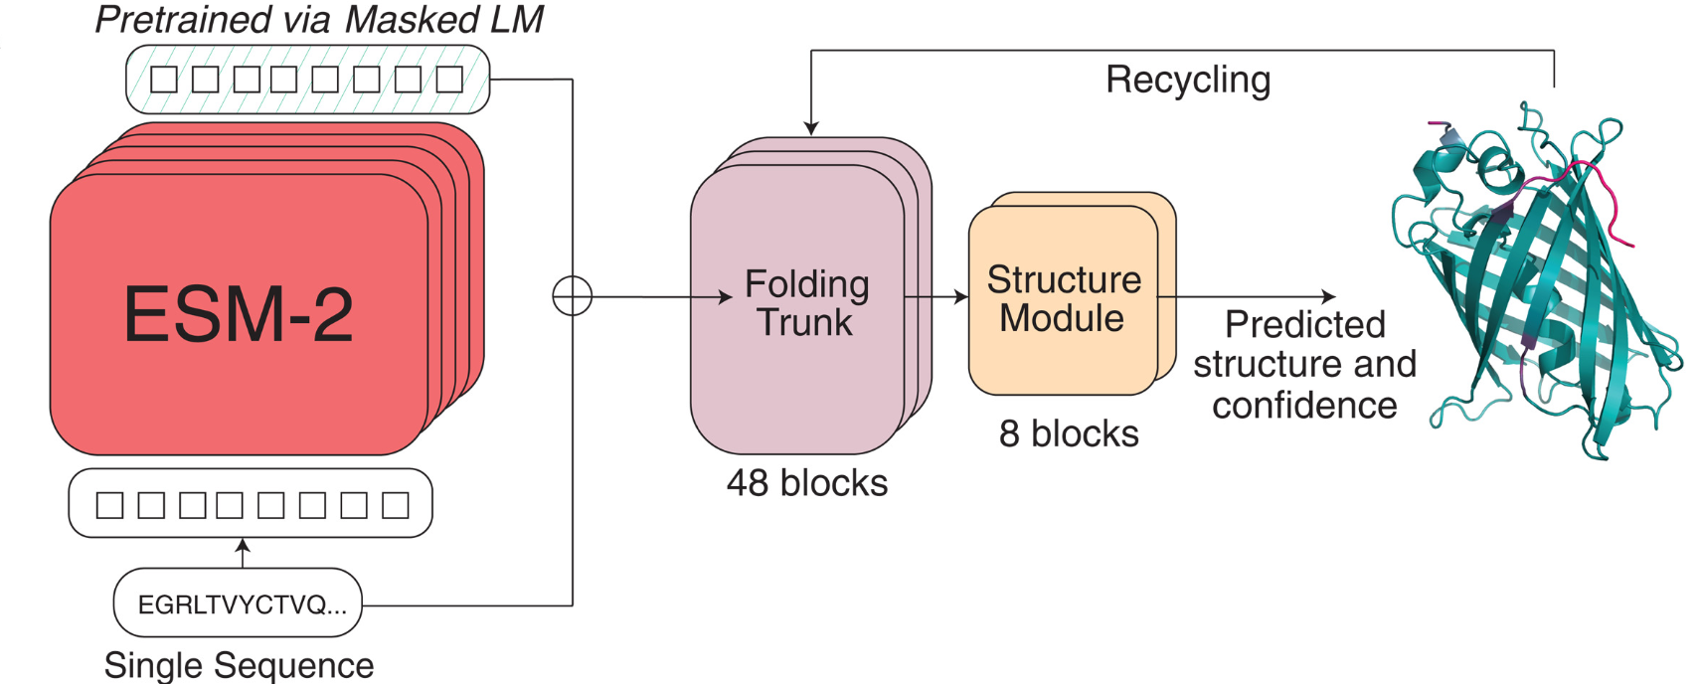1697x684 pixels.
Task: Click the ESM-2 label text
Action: tap(238, 315)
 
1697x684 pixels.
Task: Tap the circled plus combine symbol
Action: tap(572, 296)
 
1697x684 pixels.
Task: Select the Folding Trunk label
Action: tap(806, 303)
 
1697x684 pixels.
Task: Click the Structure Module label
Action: tap(1063, 299)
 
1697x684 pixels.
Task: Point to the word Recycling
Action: tap(1188, 80)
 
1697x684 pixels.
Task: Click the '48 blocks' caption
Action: tap(806, 483)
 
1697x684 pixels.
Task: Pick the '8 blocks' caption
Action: tap(1069, 434)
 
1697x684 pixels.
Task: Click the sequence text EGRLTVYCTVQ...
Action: tap(242, 604)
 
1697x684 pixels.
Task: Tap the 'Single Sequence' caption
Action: tap(239, 665)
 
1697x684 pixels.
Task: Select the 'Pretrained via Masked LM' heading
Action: tap(319, 20)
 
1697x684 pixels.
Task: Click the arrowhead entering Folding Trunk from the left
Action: tap(726, 297)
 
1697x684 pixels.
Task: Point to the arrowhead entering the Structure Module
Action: tap(961, 296)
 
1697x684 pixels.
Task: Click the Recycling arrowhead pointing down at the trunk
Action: tap(811, 128)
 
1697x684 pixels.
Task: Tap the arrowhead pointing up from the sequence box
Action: tap(242, 545)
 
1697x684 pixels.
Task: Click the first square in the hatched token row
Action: tap(163, 80)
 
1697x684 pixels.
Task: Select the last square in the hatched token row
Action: tap(449, 80)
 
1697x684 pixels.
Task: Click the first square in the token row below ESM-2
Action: tap(109, 505)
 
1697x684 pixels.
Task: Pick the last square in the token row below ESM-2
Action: tap(396, 505)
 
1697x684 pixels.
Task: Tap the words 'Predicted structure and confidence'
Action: tap(1304, 365)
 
